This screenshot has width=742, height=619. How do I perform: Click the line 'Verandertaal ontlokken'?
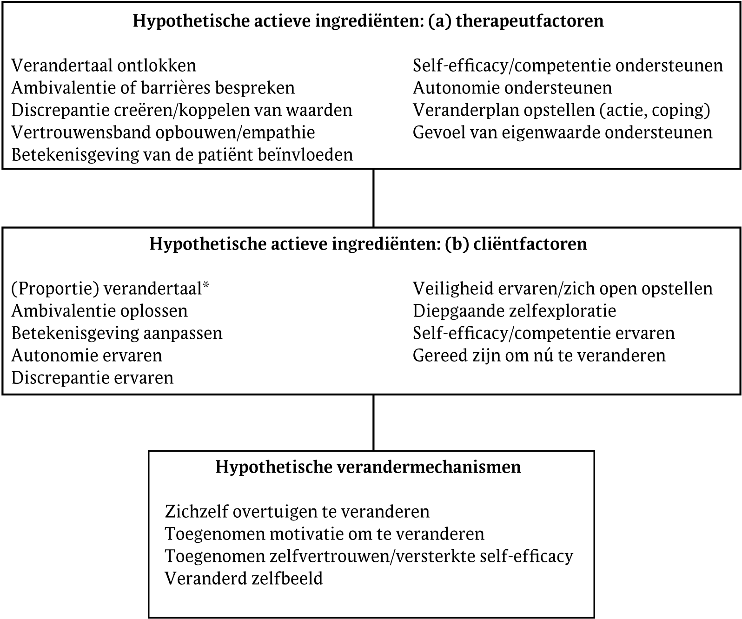pyautogui.click(x=104, y=66)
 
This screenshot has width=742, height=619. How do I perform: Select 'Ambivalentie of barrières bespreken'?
pyautogui.click(x=153, y=88)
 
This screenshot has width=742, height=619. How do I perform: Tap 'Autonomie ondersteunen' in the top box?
pyautogui.click(x=512, y=88)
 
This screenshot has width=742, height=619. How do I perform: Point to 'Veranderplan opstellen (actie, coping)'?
pyautogui.click(x=562, y=110)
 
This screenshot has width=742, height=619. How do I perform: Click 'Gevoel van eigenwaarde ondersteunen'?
pyautogui.click(x=563, y=132)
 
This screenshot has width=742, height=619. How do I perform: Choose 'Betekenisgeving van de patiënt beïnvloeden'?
pyautogui.click(x=182, y=155)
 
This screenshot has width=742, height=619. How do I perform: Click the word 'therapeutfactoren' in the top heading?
pyautogui.click(x=530, y=21)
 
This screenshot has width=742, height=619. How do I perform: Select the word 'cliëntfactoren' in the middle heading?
pyautogui.click(x=530, y=244)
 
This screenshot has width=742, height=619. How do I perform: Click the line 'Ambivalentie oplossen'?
pyautogui.click(x=99, y=311)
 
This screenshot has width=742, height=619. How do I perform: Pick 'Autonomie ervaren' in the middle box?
pyautogui.click(x=87, y=356)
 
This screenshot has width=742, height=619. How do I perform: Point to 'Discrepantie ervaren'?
pyautogui.click(x=93, y=378)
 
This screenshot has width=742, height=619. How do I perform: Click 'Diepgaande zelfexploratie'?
pyautogui.click(x=514, y=311)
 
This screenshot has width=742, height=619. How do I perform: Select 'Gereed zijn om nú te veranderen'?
pyautogui.click(x=539, y=356)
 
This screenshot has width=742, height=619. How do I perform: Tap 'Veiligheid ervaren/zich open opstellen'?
pyautogui.click(x=563, y=289)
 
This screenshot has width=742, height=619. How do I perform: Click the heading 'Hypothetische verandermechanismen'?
pyautogui.click(x=368, y=467)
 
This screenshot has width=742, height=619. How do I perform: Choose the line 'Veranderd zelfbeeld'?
pyautogui.click(x=244, y=579)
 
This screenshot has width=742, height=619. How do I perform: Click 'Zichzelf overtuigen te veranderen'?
pyautogui.click(x=297, y=512)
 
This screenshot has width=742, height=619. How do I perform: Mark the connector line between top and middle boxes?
pyautogui.click(x=373, y=198)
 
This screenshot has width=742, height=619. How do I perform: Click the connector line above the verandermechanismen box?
pyautogui.click(x=373, y=422)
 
